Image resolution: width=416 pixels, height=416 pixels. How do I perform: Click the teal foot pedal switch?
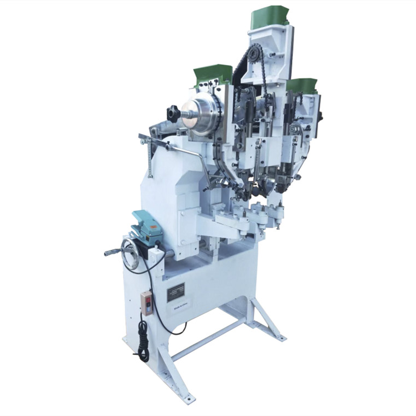coord(147,224)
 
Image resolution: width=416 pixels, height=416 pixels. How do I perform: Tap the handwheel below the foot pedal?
coord(130,255)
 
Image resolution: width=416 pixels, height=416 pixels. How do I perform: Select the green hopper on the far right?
coord(302,85)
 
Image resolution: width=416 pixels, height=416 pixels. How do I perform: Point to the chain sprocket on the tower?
coord(253,54)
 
